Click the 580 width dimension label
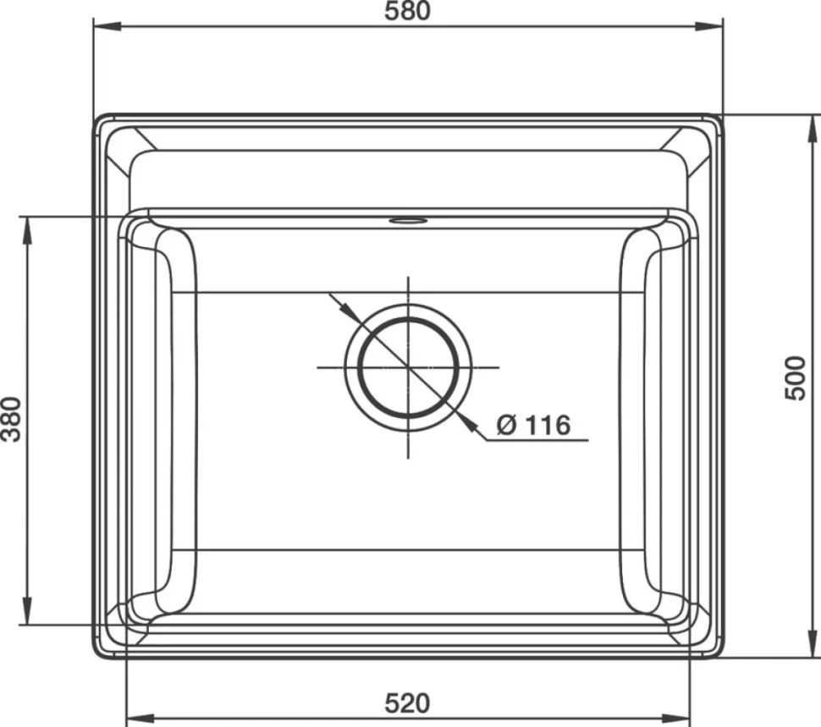[x=407, y=11]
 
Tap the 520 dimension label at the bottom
[x=407, y=703]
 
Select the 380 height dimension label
[x=11, y=419]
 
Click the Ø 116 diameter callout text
[x=533, y=425]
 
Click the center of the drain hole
[x=409, y=367]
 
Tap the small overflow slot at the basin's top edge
[x=408, y=220]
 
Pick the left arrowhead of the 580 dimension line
[x=107, y=25]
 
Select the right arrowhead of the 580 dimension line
[x=709, y=25]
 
